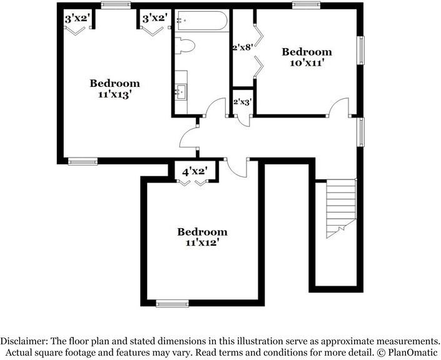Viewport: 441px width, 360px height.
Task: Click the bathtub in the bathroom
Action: click(x=201, y=21)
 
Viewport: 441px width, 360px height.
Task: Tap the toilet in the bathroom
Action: click(x=186, y=46)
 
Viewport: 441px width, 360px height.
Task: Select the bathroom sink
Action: click(x=181, y=93)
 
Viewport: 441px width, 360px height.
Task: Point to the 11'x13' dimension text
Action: click(x=114, y=95)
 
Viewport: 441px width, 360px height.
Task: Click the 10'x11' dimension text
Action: click(x=306, y=63)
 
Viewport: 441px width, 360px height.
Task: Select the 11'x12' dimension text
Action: click(x=201, y=244)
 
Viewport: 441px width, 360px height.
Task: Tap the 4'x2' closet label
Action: click(x=195, y=171)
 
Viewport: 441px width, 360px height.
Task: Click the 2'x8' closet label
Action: click(x=242, y=47)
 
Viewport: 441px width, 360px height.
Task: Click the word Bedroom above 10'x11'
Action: click(x=307, y=52)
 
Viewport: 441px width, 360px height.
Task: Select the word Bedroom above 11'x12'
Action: click(x=201, y=232)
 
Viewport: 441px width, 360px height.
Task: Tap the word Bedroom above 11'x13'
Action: click(x=114, y=83)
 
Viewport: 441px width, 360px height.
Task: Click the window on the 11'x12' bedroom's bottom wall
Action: click(x=172, y=304)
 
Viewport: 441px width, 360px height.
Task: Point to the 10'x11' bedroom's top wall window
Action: click(x=303, y=6)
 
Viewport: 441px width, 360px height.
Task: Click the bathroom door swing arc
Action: click(x=215, y=107)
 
